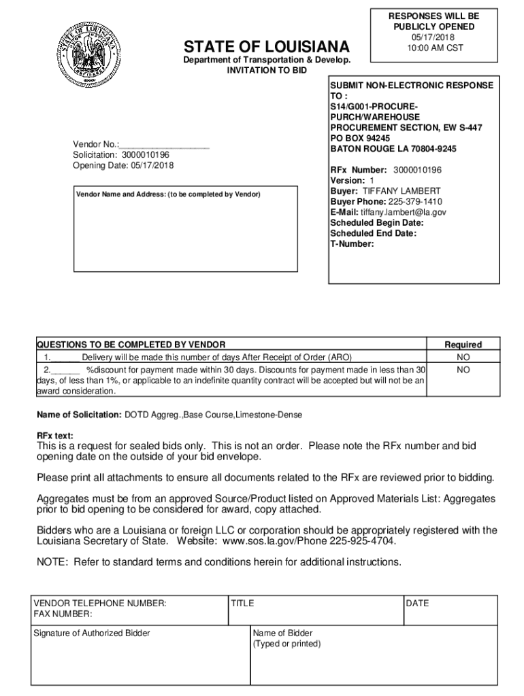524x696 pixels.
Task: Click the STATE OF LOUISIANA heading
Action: [267, 46]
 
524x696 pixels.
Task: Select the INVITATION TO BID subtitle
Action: [267, 70]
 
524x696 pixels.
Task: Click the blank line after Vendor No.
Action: [165, 145]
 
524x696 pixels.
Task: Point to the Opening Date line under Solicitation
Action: [123, 165]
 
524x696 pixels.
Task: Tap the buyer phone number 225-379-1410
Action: [414, 202]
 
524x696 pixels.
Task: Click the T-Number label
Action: [352, 243]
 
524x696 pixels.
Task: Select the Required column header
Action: [463, 345]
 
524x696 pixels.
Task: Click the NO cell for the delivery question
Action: [463, 357]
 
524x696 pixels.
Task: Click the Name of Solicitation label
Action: [80, 415]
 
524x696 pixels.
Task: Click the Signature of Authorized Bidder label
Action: [92, 633]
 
